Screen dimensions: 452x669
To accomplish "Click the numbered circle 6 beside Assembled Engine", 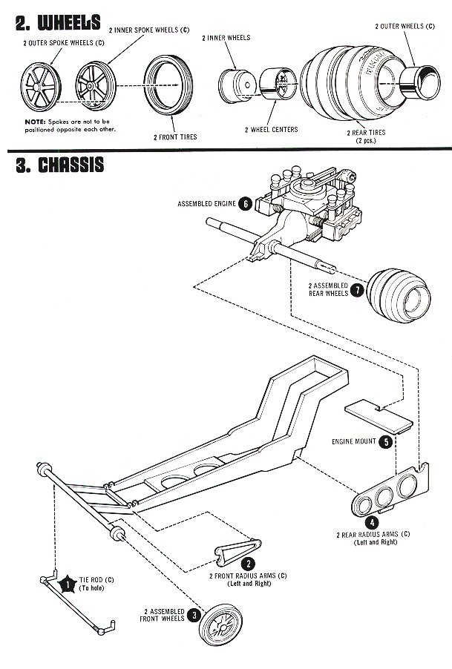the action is pyautogui.click(x=245, y=203).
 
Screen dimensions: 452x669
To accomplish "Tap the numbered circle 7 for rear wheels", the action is pyautogui.click(x=357, y=290).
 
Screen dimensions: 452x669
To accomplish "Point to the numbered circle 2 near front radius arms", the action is pyautogui.click(x=249, y=564).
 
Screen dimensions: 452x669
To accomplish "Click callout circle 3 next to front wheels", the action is pyautogui.click(x=194, y=615).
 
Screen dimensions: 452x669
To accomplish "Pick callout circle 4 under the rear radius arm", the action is pyautogui.click(x=372, y=522).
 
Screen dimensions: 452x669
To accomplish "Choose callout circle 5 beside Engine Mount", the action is pyautogui.click(x=386, y=441).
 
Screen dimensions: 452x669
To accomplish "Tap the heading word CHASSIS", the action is pyautogui.click(x=71, y=165).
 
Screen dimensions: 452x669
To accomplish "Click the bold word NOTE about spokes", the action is pyautogui.click(x=35, y=122).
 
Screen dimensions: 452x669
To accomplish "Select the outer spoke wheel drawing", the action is pyautogui.click(x=41, y=88).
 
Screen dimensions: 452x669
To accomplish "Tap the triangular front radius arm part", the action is pyautogui.click(x=238, y=553).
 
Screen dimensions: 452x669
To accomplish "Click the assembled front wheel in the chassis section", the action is pyautogui.click(x=221, y=624).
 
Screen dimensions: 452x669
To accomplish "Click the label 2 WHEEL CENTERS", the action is pyautogui.click(x=272, y=130).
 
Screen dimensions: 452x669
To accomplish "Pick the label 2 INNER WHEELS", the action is pyautogui.click(x=226, y=38).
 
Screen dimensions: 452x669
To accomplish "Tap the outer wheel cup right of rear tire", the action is pyautogui.click(x=420, y=83).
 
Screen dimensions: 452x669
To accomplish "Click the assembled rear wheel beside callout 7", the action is pyautogui.click(x=399, y=295).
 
